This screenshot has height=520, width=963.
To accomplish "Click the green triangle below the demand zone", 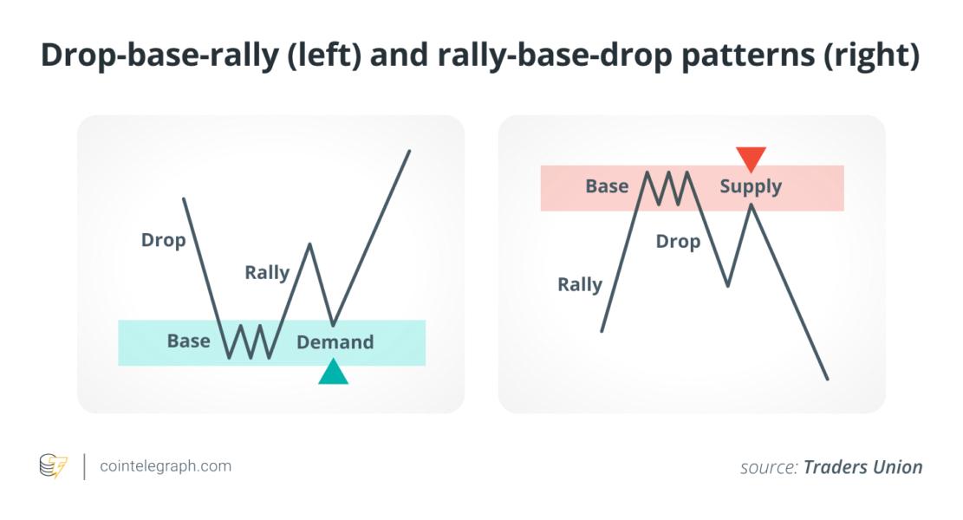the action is coord(334,374).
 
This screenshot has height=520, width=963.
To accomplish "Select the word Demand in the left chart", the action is coord(335,342).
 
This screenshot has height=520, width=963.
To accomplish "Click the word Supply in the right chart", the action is coord(751,186).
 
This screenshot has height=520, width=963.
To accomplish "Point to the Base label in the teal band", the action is coord(189,341).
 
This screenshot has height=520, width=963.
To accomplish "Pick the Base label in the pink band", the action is coord(607,186).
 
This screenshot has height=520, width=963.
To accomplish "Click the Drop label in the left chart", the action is coord(163,240).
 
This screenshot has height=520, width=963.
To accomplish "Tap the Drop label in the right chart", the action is coord(678,242).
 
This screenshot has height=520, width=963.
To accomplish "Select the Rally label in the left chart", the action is coord(267,273).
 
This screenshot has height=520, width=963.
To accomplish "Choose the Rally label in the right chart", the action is coord(580,285).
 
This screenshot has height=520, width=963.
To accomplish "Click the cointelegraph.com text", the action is coord(166,466).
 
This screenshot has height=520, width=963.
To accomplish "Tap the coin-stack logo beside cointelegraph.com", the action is coord(54,466).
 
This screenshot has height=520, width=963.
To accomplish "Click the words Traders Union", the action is coord(863,467).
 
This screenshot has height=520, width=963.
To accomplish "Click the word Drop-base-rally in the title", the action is coord(159,55).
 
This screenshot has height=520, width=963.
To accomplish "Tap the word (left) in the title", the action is coord(323,55).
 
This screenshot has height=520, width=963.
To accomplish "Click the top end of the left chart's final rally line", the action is coord(409,151).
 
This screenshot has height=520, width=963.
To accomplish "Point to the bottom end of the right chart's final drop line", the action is coord(827,379).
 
